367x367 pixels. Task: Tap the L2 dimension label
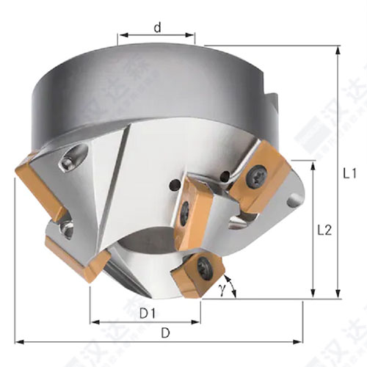(x=323, y=230)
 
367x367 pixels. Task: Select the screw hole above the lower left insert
(x=66, y=229)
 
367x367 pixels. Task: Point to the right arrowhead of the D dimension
(x=300, y=341)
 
